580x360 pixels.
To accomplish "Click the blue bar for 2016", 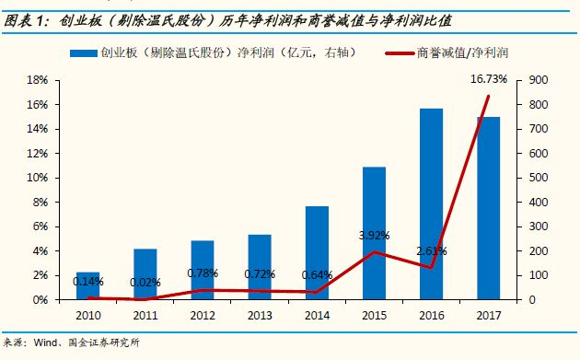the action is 431,203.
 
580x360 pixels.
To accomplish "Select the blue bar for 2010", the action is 88,285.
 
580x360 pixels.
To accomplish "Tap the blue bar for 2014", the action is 317,252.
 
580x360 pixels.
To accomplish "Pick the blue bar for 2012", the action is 203,270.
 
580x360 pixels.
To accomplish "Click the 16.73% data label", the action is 489,79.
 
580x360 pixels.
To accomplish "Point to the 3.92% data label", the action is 375,236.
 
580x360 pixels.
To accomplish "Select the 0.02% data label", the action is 145,283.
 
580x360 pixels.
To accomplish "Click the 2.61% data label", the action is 432,251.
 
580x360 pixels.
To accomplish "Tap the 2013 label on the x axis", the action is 260,315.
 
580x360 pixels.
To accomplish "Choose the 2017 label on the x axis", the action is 489,315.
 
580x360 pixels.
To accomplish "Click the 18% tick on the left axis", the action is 38,80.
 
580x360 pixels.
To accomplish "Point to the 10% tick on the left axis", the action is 38,178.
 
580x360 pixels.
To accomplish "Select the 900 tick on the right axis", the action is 538,80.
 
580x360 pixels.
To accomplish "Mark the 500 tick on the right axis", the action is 538,178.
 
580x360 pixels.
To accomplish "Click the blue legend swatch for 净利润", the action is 84,53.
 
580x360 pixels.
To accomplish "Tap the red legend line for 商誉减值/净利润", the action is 400,53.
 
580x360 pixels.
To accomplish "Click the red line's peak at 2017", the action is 488,96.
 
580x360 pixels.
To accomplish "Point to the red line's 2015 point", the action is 374,252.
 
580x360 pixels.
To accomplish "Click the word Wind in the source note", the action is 46,343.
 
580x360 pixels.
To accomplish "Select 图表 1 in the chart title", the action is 26,21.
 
